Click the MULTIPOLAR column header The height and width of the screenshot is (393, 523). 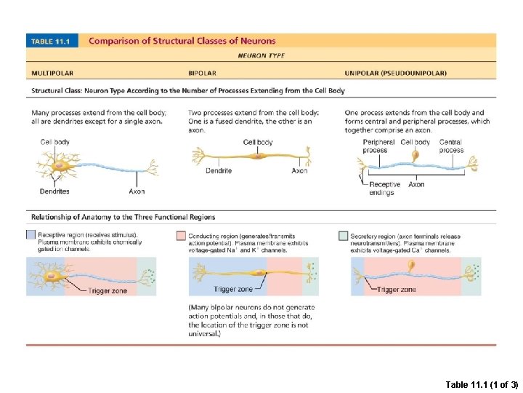52,73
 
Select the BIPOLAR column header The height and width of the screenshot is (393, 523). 203,73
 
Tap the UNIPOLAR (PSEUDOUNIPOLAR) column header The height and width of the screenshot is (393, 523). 396,73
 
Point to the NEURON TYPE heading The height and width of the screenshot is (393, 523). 261,55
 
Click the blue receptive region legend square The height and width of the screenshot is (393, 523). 31,235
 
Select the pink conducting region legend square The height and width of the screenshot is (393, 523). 182,235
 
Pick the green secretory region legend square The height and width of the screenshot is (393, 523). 344,235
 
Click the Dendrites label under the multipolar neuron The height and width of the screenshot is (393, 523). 54,191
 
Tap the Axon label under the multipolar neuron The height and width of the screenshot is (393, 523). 137,191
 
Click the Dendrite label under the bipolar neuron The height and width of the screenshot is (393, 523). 218,171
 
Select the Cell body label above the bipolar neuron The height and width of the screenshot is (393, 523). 258,143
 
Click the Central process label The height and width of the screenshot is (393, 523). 451,146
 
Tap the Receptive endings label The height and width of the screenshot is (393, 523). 384,188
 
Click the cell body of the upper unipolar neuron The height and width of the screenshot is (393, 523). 415,155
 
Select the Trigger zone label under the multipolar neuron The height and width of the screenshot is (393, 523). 108,291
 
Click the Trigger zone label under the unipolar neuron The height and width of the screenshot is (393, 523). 397,290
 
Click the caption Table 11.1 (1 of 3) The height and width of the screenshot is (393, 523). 482,384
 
